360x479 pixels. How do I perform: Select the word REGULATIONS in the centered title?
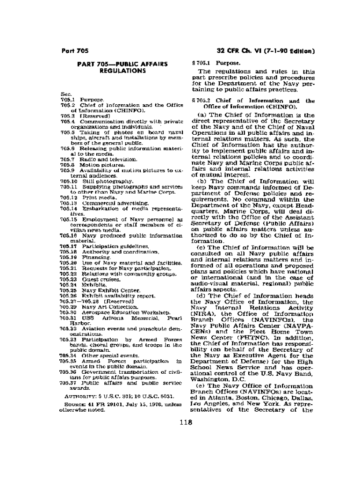click(x=122, y=71)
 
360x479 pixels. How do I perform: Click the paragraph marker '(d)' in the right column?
click(x=201, y=296)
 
